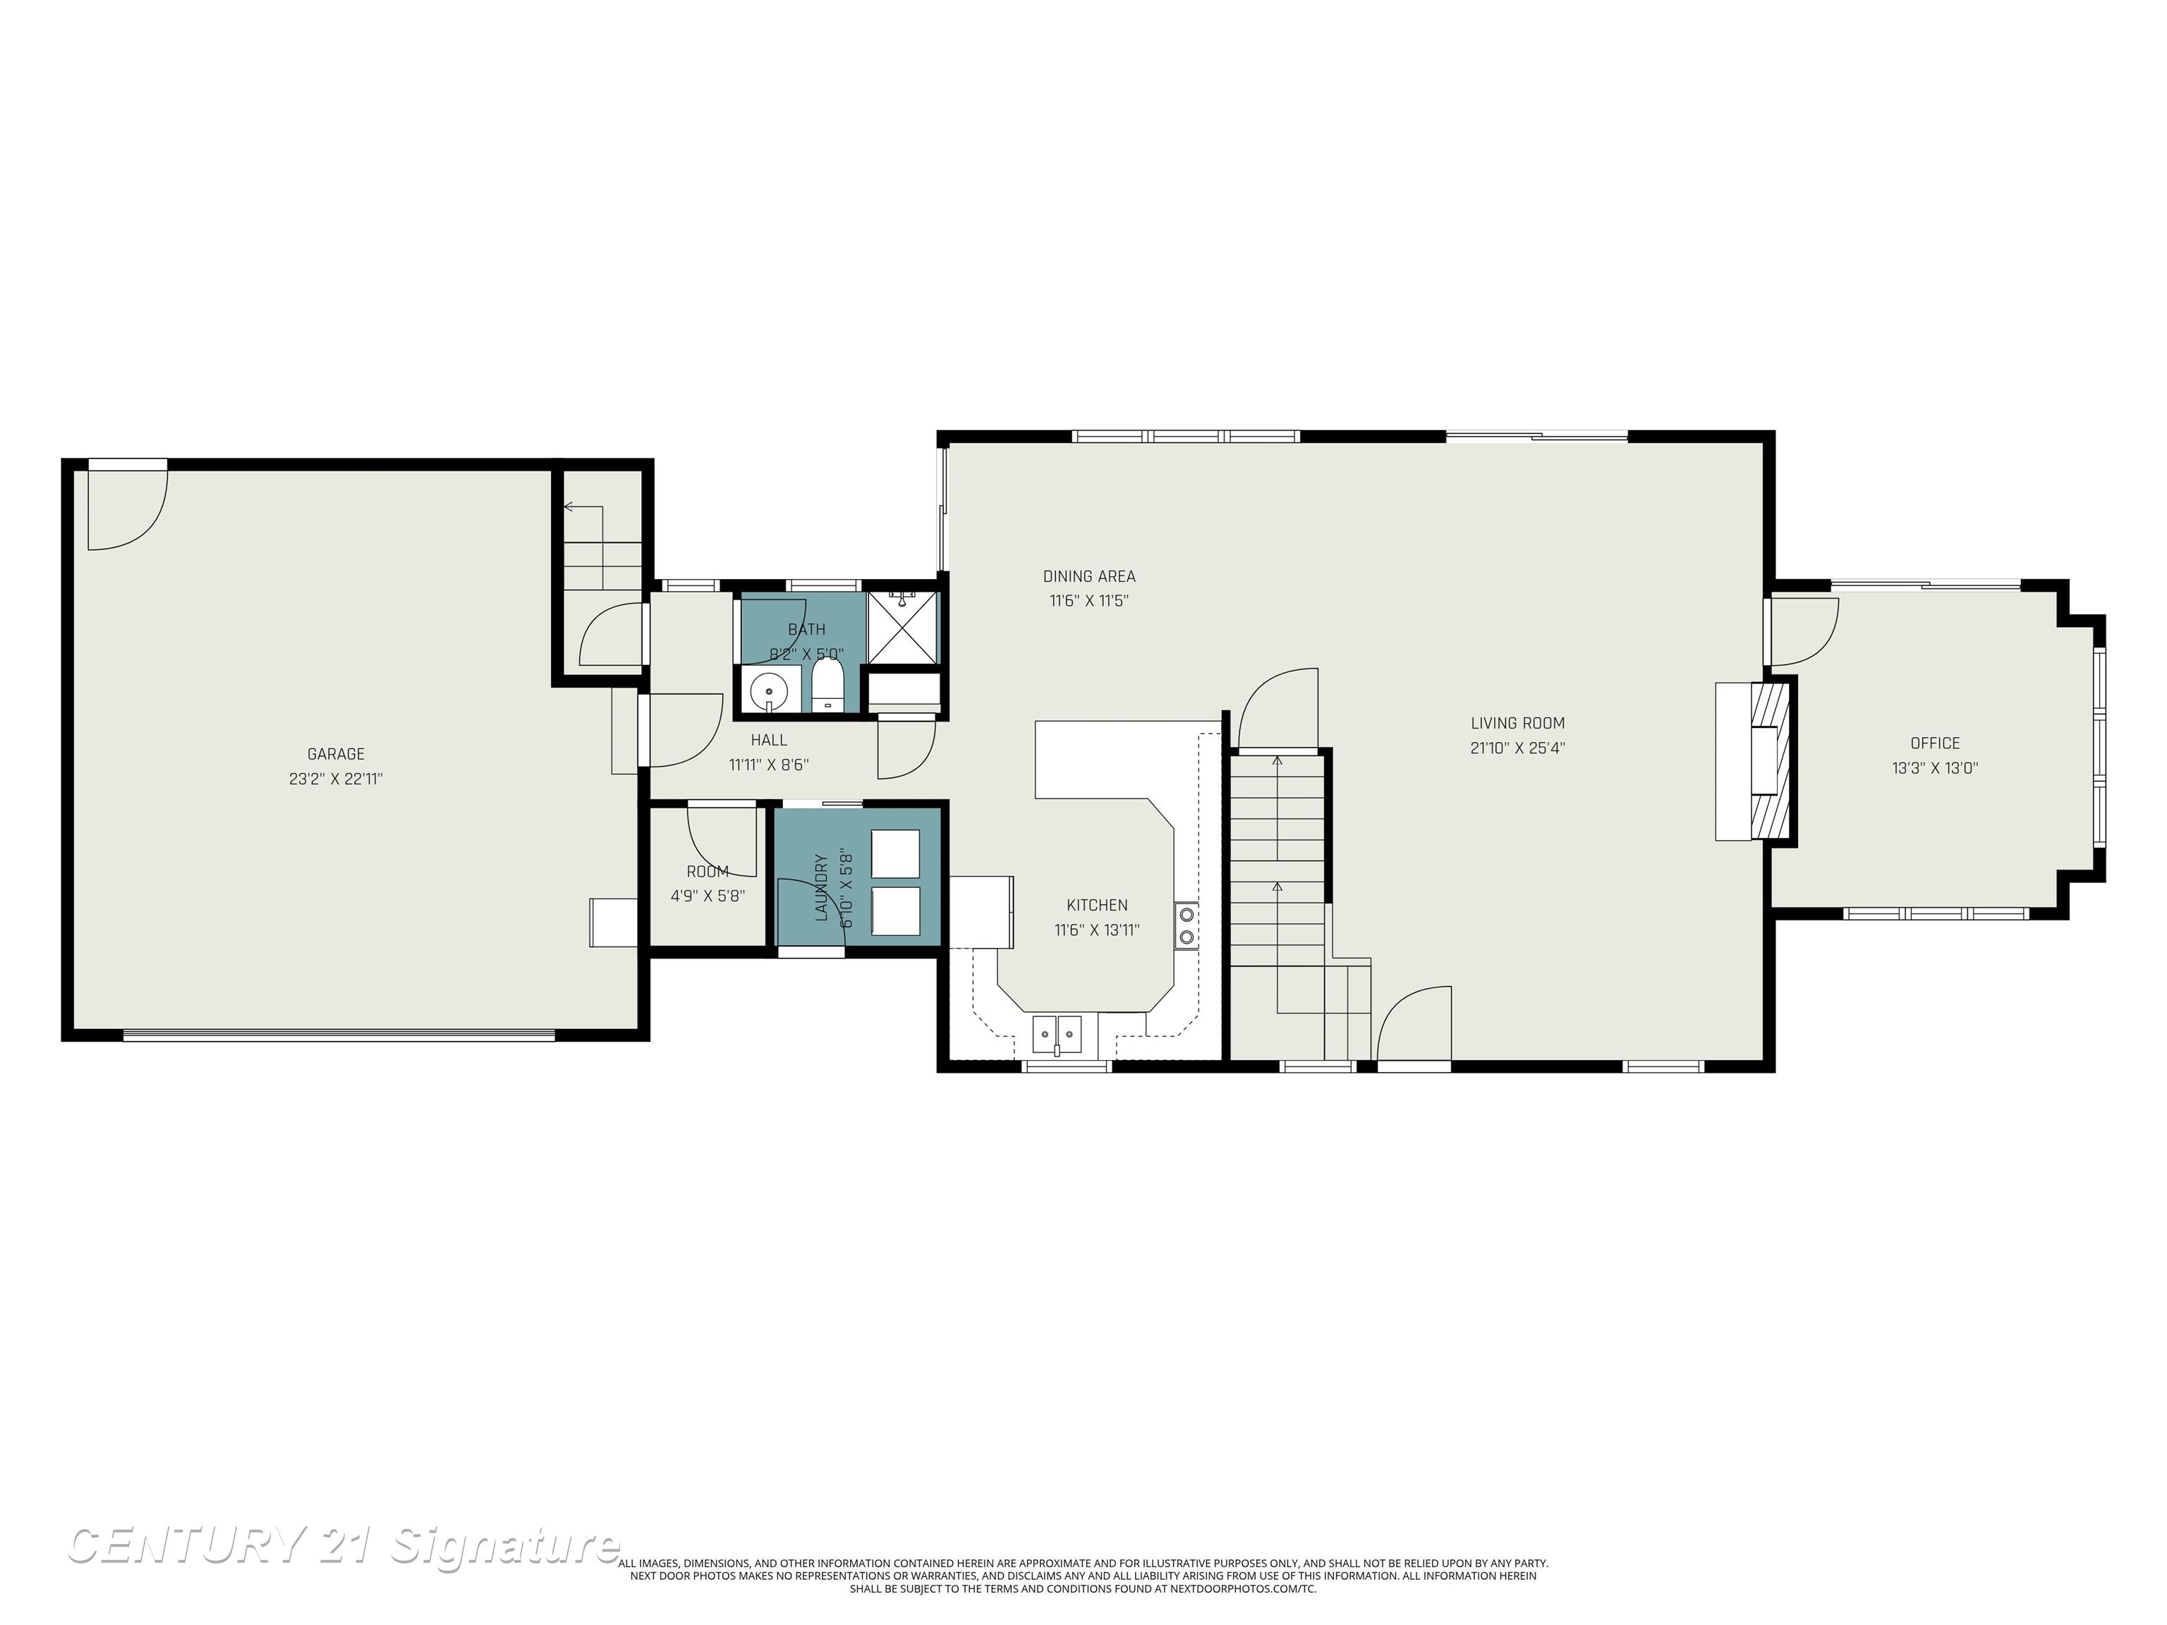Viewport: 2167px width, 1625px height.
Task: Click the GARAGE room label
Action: [335, 754]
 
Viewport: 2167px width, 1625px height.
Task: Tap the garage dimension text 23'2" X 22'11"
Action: [335, 779]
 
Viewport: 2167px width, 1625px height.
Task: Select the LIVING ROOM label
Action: [1517, 724]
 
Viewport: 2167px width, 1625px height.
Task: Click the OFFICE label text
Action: [1935, 743]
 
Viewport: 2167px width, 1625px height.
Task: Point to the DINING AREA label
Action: [1088, 576]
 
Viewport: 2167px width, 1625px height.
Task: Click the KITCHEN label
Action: [1096, 905]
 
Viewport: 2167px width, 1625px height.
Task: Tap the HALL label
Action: [769, 740]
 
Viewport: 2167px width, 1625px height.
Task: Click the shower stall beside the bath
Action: [902, 625]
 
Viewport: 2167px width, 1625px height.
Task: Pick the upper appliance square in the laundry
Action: [895, 853]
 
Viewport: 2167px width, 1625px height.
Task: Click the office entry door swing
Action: [1802, 629]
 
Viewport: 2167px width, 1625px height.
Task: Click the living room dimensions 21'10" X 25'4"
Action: [1517, 748]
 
